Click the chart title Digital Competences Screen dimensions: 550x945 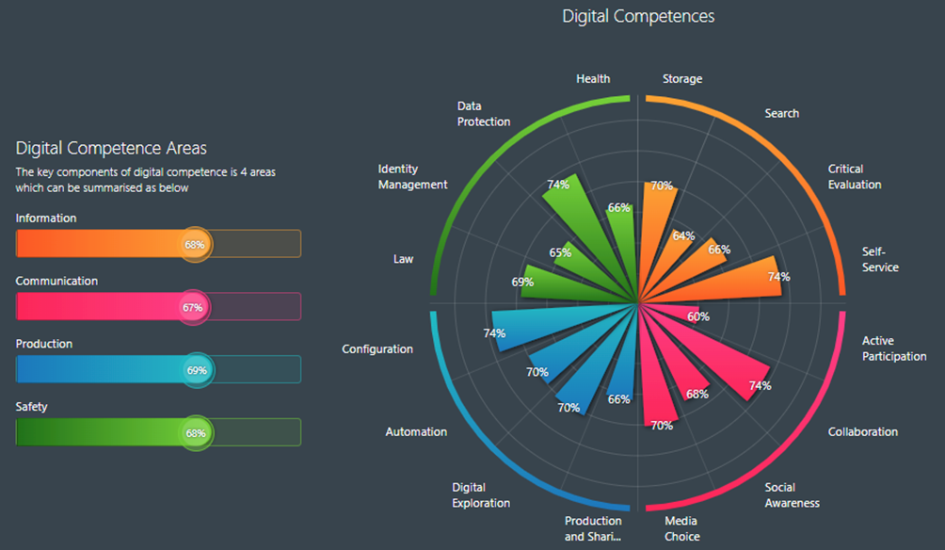(638, 16)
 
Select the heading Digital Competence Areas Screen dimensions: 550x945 (111, 148)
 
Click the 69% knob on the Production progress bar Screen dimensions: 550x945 (196, 370)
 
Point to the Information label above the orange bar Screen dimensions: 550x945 (46, 218)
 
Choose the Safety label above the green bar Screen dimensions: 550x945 (31, 407)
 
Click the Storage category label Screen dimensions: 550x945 (682, 79)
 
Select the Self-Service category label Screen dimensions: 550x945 (880, 260)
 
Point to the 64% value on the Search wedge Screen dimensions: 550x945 (683, 236)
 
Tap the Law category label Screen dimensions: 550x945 (403, 259)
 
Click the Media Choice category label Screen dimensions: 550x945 (681, 528)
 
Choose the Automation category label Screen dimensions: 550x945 (416, 432)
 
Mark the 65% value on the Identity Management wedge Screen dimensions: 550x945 (560, 252)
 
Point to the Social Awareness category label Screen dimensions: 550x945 (792, 495)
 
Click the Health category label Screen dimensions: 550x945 (593, 79)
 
